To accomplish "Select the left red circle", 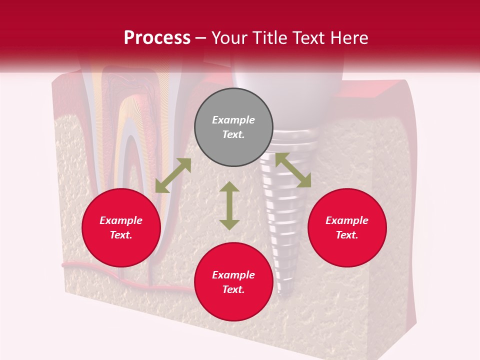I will [121, 227].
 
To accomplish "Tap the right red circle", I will [347, 227].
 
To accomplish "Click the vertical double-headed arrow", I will [229, 205].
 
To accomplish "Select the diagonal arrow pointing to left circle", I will [173, 175].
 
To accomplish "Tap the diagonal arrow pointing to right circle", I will [293, 170].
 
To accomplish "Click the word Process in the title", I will [157, 38].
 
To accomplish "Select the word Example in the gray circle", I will [233, 120].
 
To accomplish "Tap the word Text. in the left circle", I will [121, 235].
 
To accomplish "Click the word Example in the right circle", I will [347, 220].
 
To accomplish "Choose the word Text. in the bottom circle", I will [233, 289].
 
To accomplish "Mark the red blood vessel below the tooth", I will [100, 270].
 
